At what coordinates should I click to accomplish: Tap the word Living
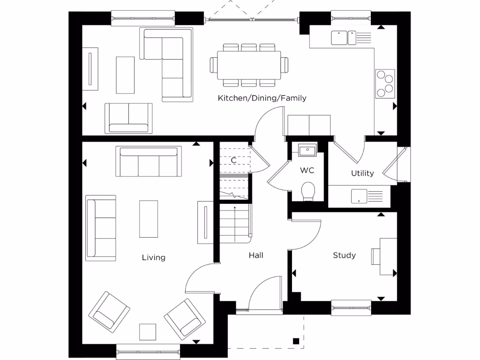point(154,257)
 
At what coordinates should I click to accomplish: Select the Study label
point(344,255)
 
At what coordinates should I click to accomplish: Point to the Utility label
point(362,173)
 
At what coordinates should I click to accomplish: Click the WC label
point(307,171)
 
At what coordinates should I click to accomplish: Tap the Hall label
point(256,255)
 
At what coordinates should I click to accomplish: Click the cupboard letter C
point(233,160)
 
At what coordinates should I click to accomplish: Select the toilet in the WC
point(308,191)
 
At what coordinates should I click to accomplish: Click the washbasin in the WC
point(307,150)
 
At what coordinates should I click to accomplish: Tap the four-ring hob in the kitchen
point(385,83)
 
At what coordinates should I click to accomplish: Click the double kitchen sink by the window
point(344,37)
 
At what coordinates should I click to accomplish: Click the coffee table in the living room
point(149,219)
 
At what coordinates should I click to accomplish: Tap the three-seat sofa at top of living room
point(149,162)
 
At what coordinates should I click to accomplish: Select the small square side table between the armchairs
point(148,331)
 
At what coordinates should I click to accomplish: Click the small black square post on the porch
point(295,341)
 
